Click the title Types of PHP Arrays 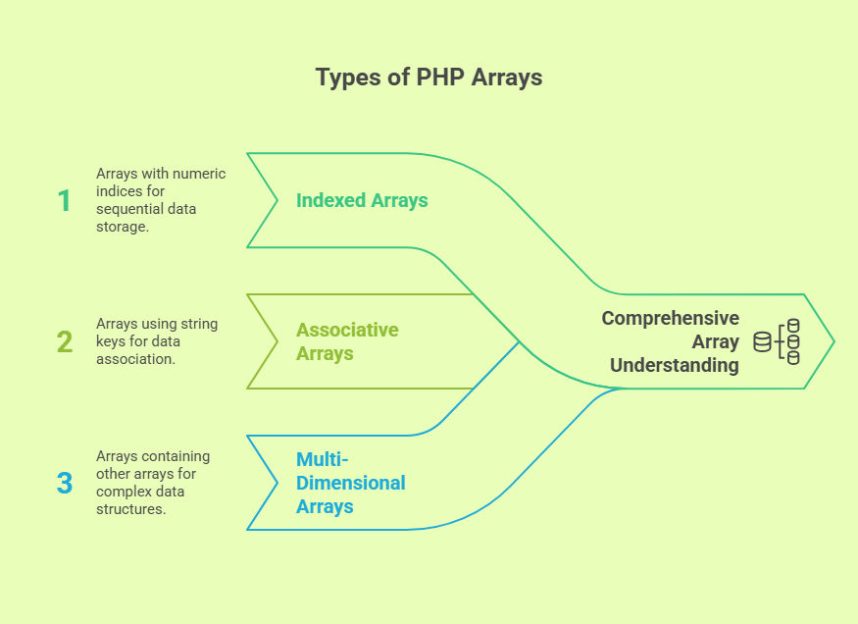429,78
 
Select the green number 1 64,200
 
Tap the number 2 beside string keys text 65,341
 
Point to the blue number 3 65,483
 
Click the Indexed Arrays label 362,201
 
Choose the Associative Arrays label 347,341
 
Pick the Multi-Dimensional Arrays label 351,483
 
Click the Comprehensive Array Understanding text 671,341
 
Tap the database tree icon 777,341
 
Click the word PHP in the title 440,78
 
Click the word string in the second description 199,324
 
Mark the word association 135,359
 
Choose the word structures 130,509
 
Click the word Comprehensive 671,319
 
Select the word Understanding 675,365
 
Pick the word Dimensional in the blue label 351,483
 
